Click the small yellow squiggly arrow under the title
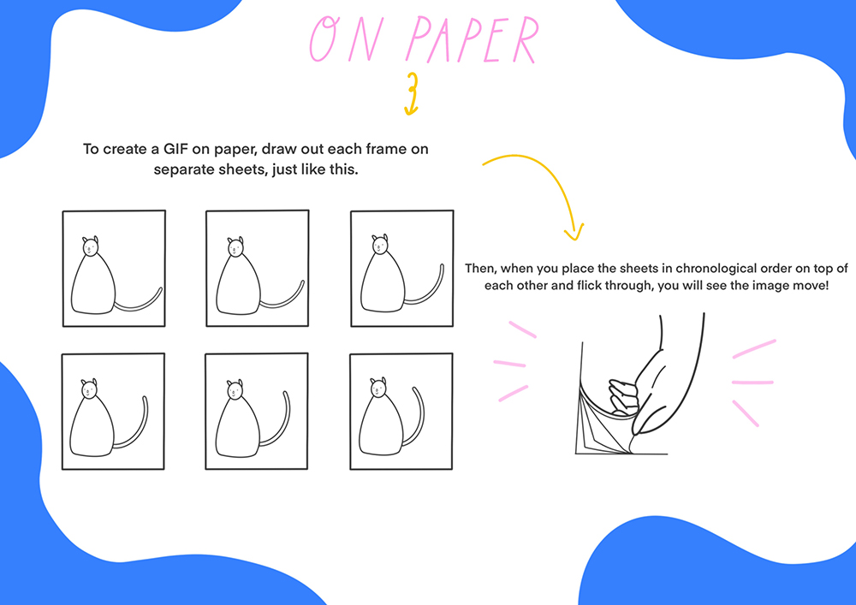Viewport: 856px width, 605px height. tap(412, 94)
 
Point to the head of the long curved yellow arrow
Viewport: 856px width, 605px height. tap(574, 234)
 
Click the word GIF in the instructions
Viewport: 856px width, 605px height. tap(174, 149)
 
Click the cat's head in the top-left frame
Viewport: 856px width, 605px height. tap(91, 246)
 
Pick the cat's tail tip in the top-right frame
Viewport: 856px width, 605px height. tap(442, 266)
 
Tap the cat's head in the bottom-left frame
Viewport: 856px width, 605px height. tap(90, 389)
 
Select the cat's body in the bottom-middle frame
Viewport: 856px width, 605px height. tap(237, 427)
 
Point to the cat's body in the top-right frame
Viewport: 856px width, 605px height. tap(383, 282)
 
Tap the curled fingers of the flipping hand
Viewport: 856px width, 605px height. tap(623, 397)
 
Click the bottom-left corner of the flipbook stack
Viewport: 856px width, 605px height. tap(576, 454)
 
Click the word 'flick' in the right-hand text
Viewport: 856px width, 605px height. tap(590, 285)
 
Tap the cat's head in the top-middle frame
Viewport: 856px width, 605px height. tap(235, 247)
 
